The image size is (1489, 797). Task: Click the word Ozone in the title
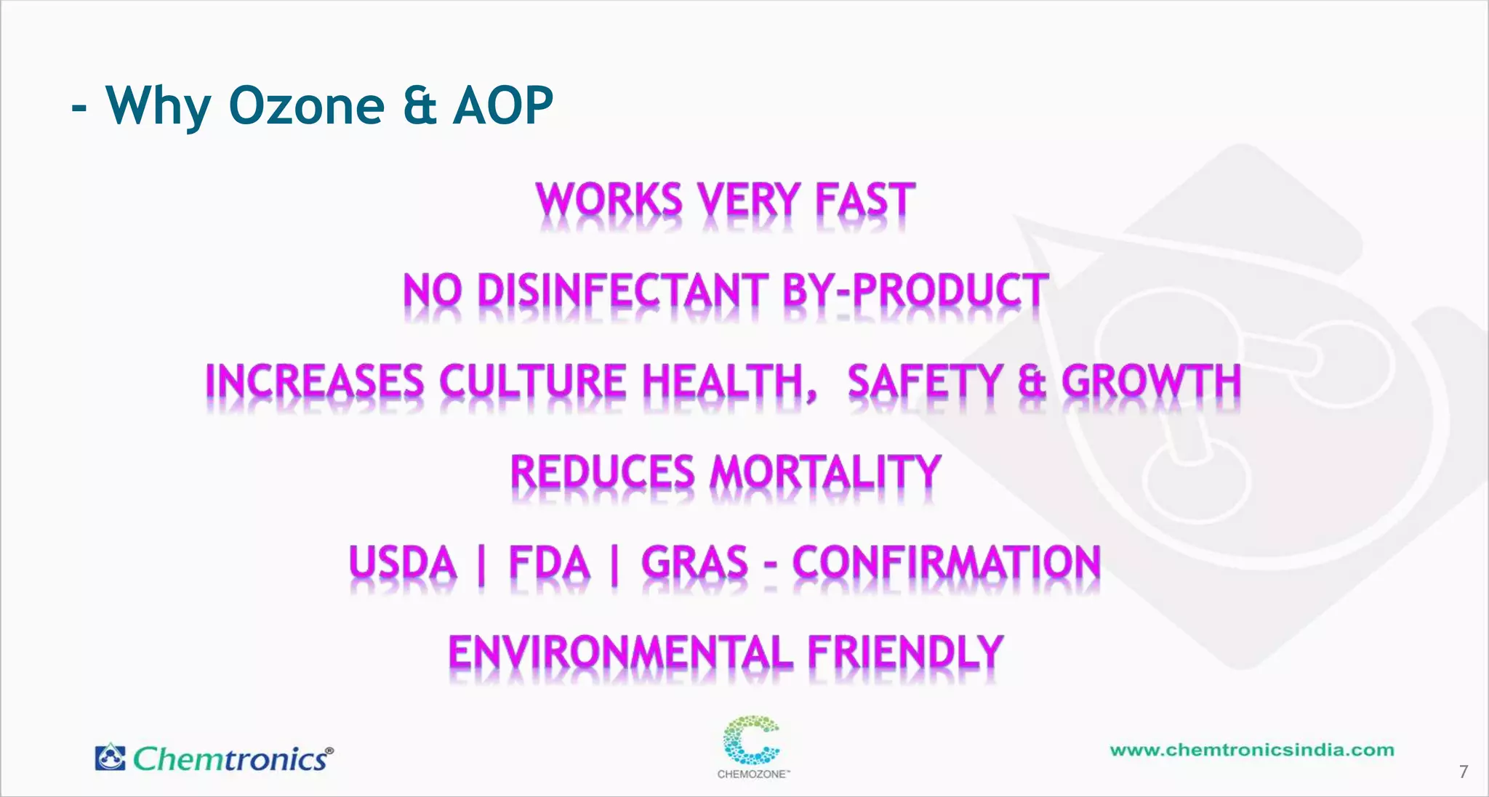pos(306,106)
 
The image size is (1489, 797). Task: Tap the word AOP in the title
pos(503,106)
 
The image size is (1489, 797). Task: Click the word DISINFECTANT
pos(622,291)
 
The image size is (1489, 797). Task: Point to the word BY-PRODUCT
pos(915,291)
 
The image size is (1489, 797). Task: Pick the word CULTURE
pos(532,381)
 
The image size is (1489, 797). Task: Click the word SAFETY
pos(925,381)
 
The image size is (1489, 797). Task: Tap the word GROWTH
pos(1151,381)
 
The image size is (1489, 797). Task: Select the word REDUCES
pos(603,472)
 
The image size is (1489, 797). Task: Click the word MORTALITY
pos(826,472)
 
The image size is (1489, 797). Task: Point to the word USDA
pos(403,563)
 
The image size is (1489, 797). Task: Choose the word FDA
pos(549,563)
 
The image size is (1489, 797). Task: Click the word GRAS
pos(694,563)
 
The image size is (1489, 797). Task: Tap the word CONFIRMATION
pos(947,563)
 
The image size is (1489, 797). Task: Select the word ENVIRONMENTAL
pos(620,652)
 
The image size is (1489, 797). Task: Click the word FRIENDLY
pos(906,652)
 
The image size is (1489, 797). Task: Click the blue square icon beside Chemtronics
pos(111,757)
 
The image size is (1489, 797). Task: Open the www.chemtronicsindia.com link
pos(1252,751)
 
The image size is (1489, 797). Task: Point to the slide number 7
pos(1464,772)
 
